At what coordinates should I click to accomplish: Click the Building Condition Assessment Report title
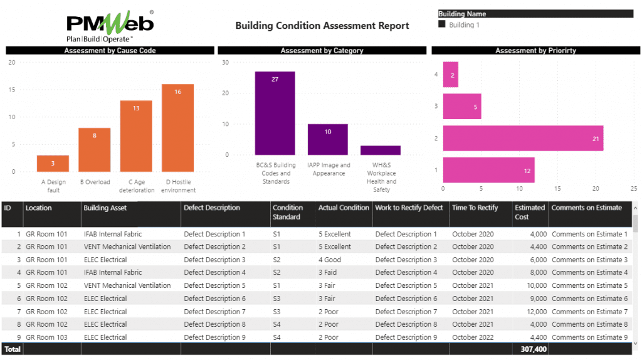[x=322, y=26]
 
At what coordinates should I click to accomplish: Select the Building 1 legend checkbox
[x=442, y=24]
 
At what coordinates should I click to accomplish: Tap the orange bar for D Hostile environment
[x=177, y=128]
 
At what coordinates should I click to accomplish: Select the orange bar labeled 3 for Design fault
[x=53, y=163]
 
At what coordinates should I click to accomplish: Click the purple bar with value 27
[x=275, y=113]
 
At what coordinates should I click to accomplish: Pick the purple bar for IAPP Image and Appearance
[x=327, y=139]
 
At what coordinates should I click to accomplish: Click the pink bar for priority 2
[x=523, y=138]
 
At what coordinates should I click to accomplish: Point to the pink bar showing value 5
[x=462, y=107]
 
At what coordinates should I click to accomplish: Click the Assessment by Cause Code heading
[x=110, y=51]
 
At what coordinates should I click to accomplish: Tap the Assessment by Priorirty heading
[x=535, y=51]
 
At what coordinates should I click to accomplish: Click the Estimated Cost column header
[x=530, y=212]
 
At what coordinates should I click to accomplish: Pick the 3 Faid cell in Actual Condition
[x=332, y=273]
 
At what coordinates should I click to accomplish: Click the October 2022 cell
[x=473, y=337]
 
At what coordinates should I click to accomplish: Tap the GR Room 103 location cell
[x=46, y=337]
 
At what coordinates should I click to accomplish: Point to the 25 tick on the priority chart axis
[x=634, y=188]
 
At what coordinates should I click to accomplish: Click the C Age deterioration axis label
[x=136, y=186]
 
